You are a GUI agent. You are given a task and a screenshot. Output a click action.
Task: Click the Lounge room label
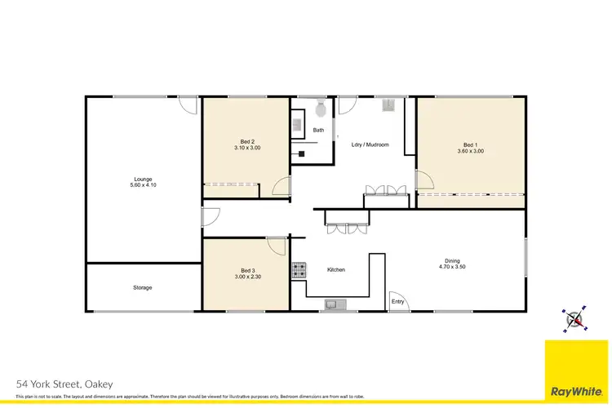(144, 179)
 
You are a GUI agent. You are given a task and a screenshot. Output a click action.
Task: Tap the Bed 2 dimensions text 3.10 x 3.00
(246, 148)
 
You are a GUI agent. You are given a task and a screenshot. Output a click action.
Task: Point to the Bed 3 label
(246, 270)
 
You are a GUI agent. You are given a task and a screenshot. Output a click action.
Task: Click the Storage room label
(143, 287)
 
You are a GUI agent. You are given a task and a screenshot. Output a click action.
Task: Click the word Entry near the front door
(397, 302)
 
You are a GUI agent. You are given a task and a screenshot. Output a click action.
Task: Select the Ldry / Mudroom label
(370, 144)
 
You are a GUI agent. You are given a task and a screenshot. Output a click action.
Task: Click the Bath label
(318, 130)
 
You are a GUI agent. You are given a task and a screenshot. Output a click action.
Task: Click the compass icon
(574, 320)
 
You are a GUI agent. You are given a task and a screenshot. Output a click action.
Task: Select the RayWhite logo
(578, 372)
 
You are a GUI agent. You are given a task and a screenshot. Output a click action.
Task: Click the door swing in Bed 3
(276, 246)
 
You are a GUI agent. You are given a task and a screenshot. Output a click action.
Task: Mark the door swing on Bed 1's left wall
(425, 181)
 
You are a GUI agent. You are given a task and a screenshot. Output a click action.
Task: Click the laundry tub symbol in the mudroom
(390, 104)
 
